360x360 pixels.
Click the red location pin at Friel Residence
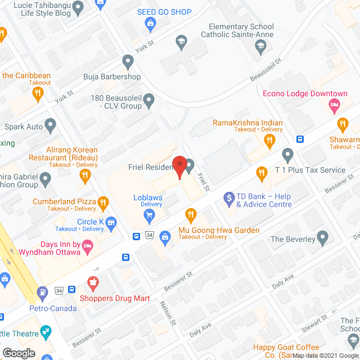coord(179,165)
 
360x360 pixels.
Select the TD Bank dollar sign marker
coord(229,198)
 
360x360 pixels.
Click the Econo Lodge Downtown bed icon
coord(334,105)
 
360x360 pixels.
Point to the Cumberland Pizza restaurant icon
coord(102,202)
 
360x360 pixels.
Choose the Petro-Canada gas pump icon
coord(42,292)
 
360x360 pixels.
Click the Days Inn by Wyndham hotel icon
coord(87,246)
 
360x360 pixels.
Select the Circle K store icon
coord(111,223)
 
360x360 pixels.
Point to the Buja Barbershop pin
coord(128,61)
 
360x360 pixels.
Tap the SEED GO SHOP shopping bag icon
coord(150,23)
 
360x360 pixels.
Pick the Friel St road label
coord(204,181)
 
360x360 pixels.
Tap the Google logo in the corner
coord(18,353)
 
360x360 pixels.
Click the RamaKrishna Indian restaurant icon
coord(269,139)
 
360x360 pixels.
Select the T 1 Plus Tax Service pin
coord(287,154)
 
